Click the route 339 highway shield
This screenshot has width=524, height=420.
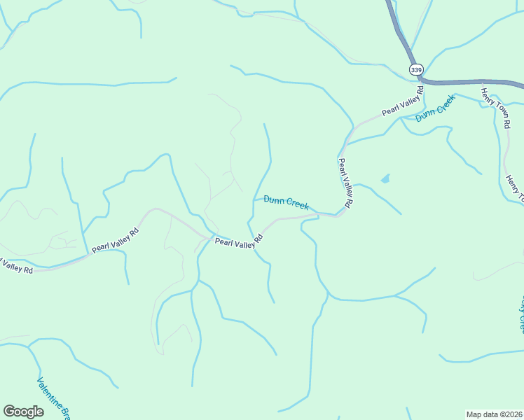(x=416, y=70)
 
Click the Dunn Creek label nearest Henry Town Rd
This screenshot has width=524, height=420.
(x=435, y=108)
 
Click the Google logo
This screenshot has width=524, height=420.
(x=23, y=412)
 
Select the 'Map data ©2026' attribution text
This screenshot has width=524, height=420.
(x=494, y=414)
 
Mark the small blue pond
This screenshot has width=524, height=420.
(x=385, y=179)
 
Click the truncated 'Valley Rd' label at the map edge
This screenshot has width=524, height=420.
(x=15, y=266)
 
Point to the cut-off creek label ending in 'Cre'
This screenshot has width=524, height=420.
(x=520, y=315)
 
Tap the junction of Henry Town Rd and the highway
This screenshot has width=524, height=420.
(x=481, y=83)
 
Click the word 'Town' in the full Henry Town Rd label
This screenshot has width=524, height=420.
(x=496, y=106)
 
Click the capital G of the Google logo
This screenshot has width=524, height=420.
(x=9, y=412)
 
